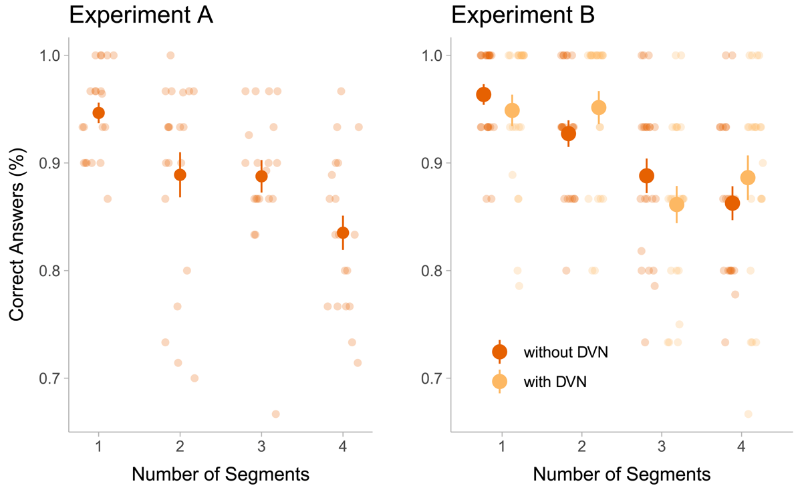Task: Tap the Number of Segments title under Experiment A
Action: (221, 475)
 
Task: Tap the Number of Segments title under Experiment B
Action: (622, 475)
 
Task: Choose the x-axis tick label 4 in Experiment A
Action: (343, 447)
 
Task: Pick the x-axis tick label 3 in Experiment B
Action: (662, 447)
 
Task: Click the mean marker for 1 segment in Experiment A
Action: (99, 112)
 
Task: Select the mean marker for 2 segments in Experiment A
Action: (180, 175)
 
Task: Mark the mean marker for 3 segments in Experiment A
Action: (261, 176)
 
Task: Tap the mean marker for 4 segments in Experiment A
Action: (343, 233)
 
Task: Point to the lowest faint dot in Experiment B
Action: (748, 414)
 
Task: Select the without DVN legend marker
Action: (499, 352)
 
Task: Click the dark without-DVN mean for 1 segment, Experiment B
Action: (484, 95)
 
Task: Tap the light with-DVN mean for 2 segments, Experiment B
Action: (599, 107)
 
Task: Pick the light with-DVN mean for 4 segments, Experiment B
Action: (748, 177)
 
